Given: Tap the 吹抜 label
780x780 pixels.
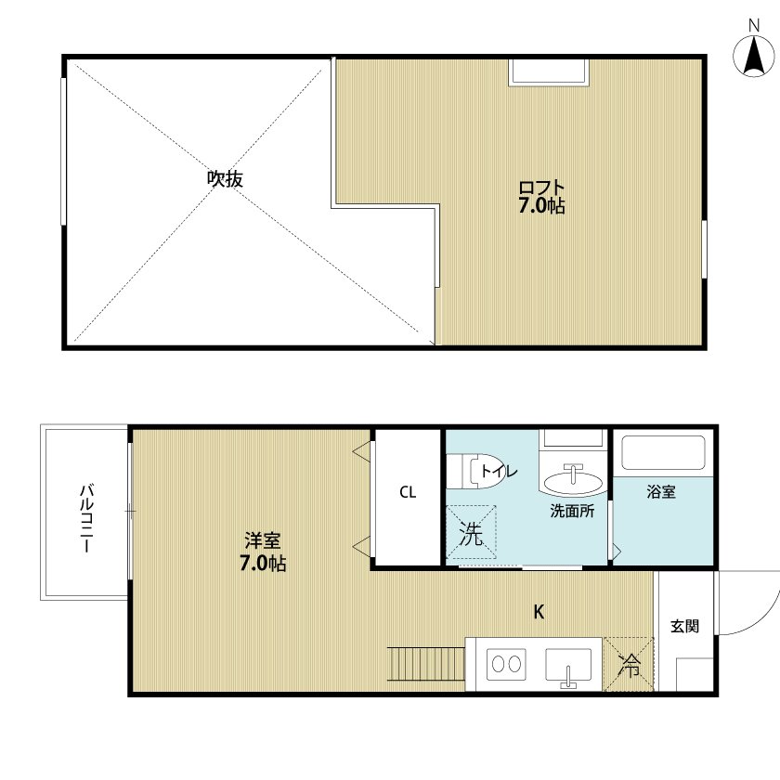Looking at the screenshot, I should pyautogui.click(x=225, y=178).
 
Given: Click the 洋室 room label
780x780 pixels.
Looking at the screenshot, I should pyautogui.click(x=264, y=540).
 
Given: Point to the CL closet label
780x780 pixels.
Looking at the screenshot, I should pyautogui.click(x=408, y=493).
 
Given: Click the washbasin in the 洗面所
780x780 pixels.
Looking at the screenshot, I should pyautogui.click(x=572, y=481).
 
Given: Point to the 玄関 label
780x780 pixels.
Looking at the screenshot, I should pyautogui.click(x=685, y=626).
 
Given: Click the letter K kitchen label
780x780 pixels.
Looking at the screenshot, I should pyautogui.click(x=538, y=612).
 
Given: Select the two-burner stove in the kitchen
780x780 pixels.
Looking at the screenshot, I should pyautogui.click(x=507, y=665).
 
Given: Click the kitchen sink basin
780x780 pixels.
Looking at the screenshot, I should pyautogui.click(x=568, y=665).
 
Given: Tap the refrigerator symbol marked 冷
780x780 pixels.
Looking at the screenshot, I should pyautogui.click(x=630, y=664).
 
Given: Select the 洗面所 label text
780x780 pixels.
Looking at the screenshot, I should pyautogui.click(x=572, y=510).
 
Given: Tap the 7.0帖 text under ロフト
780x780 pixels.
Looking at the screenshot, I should pyautogui.click(x=542, y=206).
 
